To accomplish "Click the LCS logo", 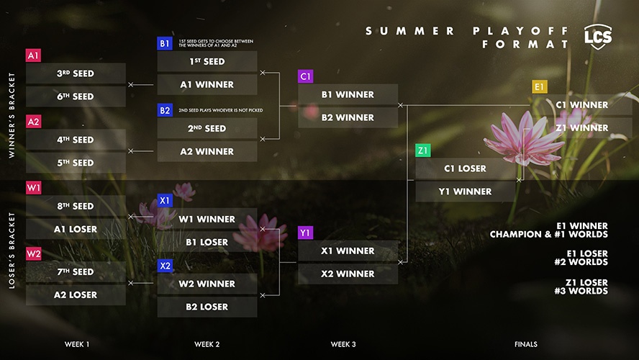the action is tap(598, 37).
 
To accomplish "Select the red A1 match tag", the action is tap(33, 55).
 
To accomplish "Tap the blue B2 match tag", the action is tap(165, 110).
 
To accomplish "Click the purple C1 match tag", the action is tap(305, 76).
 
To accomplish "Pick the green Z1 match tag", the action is tap(423, 150).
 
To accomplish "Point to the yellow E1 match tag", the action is tap(540, 86).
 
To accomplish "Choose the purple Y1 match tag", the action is tap(305, 233).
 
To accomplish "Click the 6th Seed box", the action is tap(76, 96).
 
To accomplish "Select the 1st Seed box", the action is tap(207, 62).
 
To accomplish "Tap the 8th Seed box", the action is tap(76, 206).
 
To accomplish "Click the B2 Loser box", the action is tap(207, 307).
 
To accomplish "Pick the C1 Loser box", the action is tap(465, 168).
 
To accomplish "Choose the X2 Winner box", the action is tap(348, 274).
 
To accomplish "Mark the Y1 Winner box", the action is tap(465, 192).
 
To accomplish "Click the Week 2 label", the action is tap(207, 344).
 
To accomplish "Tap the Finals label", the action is tap(526, 344).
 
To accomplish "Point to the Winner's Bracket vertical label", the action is tap(12, 115).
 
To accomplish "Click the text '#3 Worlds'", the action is tap(581, 291).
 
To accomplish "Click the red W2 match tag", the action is tap(33, 254).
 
